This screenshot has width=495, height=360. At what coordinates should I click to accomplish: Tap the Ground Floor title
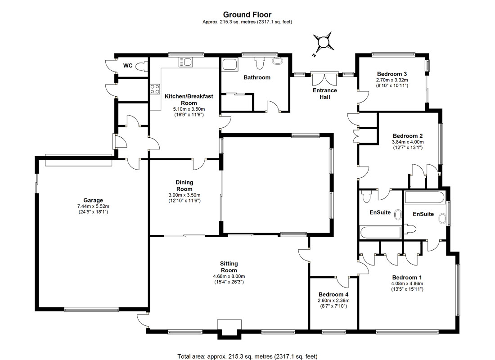pyautogui.click(x=247, y=14)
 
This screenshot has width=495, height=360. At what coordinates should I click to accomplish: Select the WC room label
pyautogui.click(x=128, y=66)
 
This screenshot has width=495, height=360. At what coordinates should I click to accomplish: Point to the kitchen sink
pyautogui.click(x=185, y=62)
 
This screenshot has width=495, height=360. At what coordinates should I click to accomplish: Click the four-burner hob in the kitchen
pyautogui.click(x=155, y=89)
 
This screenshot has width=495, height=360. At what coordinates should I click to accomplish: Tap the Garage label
pyautogui.click(x=93, y=200)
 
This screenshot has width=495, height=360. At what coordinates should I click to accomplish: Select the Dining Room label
pyautogui.click(x=184, y=185)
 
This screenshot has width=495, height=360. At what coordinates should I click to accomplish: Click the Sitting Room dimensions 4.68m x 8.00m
pyautogui.click(x=229, y=276)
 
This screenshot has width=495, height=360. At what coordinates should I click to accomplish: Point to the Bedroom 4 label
pyautogui.click(x=334, y=294)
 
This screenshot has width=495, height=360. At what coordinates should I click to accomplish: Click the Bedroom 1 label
pyautogui.click(x=407, y=278)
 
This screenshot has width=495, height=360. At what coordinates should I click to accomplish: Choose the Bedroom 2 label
pyautogui.click(x=408, y=136)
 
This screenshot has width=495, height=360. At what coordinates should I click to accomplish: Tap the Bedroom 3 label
pyautogui.click(x=392, y=74)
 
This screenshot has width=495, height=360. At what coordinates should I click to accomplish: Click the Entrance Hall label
pyautogui.click(x=325, y=94)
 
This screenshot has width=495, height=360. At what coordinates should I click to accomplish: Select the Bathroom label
pyautogui.click(x=257, y=77)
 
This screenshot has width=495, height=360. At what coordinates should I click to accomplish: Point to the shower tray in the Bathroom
pyautogui.click(x=230, y=64)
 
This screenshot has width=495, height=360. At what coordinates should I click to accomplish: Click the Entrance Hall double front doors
pyautogui.click(x=325, y=79)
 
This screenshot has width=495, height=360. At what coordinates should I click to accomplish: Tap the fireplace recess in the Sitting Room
pyautogui.click(x=229, y=328)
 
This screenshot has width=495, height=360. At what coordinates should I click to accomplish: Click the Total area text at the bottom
pyautogui.click(x=247, y=356)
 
